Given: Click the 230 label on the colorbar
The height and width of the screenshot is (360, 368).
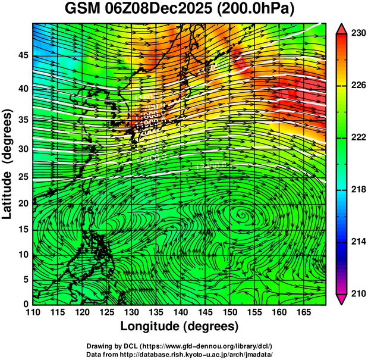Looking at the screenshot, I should tap(357, 34).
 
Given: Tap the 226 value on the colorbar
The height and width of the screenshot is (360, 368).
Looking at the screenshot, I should tap(357, 86).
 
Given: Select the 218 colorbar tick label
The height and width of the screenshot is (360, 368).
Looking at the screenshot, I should tap(357, 189).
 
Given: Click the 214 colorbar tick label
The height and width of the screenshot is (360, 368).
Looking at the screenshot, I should tap(357, 241).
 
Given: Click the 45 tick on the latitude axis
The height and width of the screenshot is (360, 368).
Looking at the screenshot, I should tap(21, 56).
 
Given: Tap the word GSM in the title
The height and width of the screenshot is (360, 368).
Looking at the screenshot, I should tap(79, 10).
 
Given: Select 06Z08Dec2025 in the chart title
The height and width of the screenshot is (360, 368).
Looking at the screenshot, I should tap(159, 10).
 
